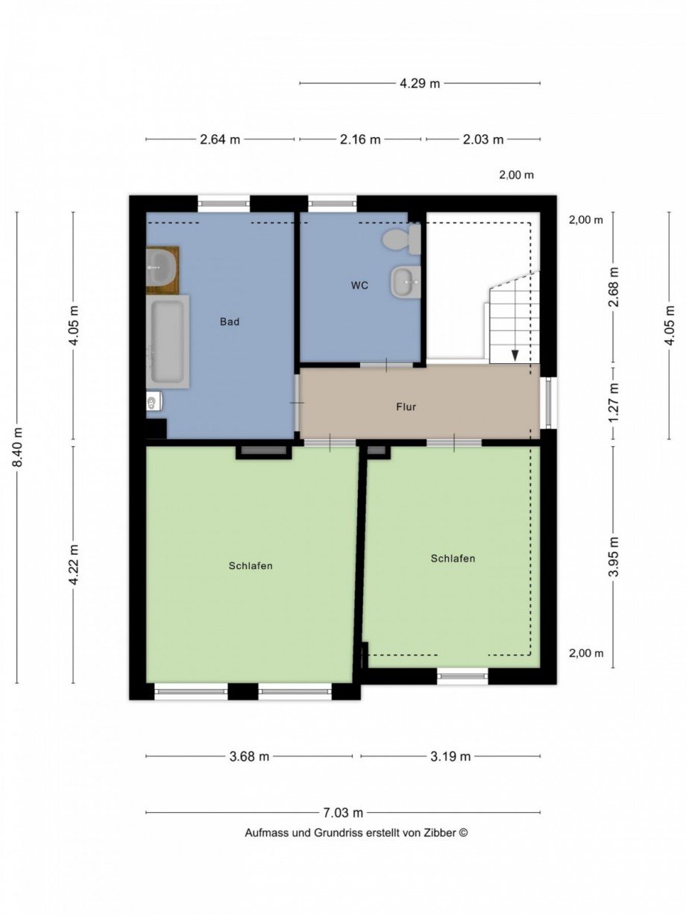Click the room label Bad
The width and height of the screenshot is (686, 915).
pyautogui.click(x=230, y=322)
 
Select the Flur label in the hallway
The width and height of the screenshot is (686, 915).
pyautogui.click(x=406, y=407)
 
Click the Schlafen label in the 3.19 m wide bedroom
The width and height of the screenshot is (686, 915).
pyautogui.click(x=453, y=558)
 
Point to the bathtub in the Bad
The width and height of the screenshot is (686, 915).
pyautogui.click(x=168, y=342)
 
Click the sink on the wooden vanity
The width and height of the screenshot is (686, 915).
pyautogui.click(x=161, y=262)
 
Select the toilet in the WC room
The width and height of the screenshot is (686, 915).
pyautogui.click(x=402, y=239)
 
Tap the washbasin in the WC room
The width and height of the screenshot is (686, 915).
pyautogui.click(x=406, y=282)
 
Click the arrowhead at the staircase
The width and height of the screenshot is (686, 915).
pyautogui.click(x=514, y=355)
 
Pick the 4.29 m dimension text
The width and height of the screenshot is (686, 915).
pyautogui.click(x=420, y=84)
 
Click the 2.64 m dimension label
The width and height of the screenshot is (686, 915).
pyautogui.click(x=220, y=139)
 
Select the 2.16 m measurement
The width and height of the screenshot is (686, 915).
pyautogui.click(x=360, y=139)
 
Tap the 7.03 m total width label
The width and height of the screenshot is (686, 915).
pyautogui.click(x=343, y=813)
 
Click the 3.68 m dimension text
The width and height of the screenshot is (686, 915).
pyautogui.click(x=249, y=756)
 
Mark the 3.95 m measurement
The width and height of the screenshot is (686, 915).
pyautogui.click(x=613, y=556)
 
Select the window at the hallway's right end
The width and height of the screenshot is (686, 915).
pyautogui.click(x=549, y=403)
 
